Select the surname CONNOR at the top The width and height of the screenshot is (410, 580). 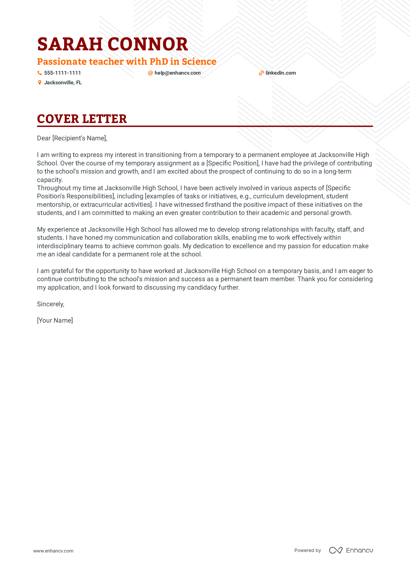click(148, 44)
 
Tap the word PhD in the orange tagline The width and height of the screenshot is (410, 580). click(159, 62)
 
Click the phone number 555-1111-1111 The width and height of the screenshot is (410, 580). click(63, 73)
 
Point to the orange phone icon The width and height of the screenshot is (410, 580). click(40, 73)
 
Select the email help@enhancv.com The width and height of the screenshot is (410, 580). click(177, 73)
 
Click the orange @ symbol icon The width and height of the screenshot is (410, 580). click(150, 73)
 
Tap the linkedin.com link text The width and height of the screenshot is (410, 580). click(281, 73)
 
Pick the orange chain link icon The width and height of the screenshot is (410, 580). click(261, 73)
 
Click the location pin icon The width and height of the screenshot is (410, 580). click(40, 83)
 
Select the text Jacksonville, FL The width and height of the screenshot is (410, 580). click(63, 83)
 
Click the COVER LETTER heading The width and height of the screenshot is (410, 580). click(82, 119)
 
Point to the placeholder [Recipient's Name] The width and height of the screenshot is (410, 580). click(79, 138)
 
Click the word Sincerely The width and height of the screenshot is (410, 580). click(50, 304)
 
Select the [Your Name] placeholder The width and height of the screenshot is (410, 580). click(55, 320)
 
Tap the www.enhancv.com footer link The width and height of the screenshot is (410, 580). click(53, 551)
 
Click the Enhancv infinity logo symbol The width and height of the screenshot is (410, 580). click(336, 550)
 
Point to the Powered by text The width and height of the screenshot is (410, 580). click(307, 550)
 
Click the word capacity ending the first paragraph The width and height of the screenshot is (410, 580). click(49, 180)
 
